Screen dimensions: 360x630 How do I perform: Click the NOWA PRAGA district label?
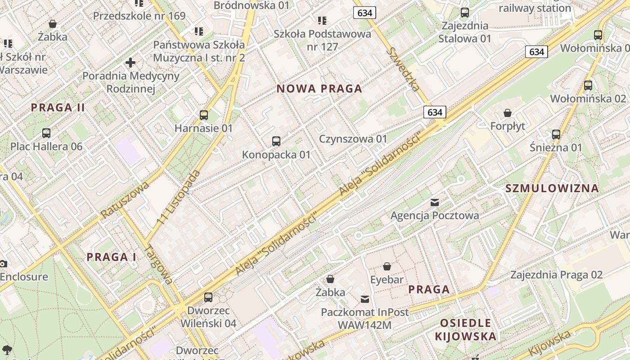319,89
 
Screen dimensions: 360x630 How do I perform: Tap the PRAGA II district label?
58,108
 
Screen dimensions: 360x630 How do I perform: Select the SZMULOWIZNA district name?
552,188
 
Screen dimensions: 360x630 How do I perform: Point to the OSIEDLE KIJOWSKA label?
466,329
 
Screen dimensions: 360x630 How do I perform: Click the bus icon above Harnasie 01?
204,115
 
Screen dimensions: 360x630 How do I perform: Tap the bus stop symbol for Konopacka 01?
276,141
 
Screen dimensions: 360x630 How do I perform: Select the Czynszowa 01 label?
353,139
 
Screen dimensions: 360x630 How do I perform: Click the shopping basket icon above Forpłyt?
508,112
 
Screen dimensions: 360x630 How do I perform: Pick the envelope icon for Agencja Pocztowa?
435,202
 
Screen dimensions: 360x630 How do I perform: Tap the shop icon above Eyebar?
387,266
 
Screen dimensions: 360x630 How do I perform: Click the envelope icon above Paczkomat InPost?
365,299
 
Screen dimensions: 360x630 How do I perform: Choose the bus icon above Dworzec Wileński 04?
208,297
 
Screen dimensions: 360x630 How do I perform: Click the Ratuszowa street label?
125,199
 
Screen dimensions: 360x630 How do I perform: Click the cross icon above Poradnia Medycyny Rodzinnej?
130,63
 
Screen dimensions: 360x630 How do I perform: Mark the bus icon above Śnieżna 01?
556,134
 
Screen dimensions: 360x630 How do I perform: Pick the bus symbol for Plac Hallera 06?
46,133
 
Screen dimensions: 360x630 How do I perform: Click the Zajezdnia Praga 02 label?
556,274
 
